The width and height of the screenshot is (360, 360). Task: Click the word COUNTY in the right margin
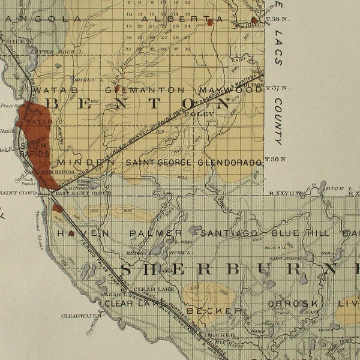(279, 124)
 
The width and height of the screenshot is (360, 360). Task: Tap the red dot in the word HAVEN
(71, 233)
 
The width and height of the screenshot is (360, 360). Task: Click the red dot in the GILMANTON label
(118, 90)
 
